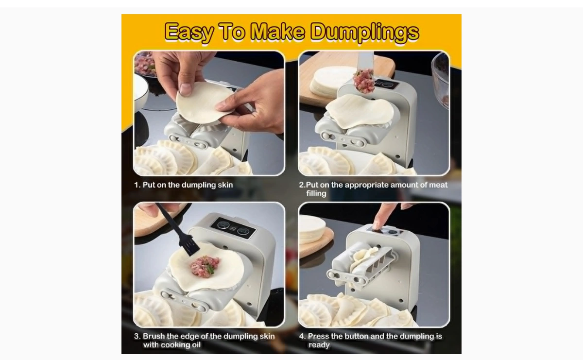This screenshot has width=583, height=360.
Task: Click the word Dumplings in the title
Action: click(365, 32)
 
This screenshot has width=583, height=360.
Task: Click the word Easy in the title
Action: click(189, 32)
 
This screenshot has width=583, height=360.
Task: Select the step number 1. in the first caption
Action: click(137, 185)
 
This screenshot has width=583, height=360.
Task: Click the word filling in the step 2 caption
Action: click(316, 193)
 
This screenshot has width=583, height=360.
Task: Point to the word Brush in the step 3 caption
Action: click(154, 336)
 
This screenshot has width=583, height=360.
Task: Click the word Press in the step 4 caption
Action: click(318, 336)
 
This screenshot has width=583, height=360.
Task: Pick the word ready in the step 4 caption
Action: click(319, 345)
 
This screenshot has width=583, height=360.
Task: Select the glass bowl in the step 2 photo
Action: click(440, 81)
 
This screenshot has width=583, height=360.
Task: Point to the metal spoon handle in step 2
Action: click(365, 60)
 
